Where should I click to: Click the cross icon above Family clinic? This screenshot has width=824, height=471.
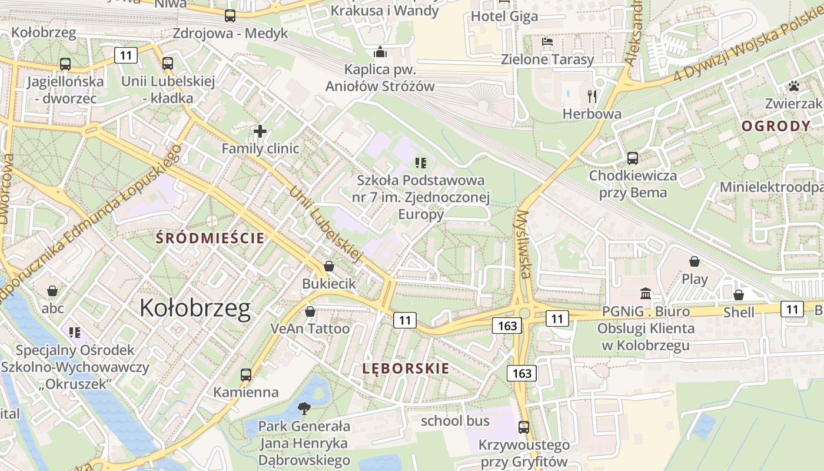(x=260, y=131)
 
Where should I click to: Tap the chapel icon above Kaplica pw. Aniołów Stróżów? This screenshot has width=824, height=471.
(x=380, y=52)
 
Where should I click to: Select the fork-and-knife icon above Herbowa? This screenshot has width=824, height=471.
(x=592, y=96)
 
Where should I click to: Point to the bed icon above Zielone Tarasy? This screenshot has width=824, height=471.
(x=547, y=42)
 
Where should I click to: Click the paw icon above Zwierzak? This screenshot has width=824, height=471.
(x=794, y=86)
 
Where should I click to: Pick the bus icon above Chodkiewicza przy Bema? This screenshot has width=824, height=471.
(x=633, y=158)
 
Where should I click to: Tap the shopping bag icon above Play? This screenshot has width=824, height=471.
(x=695, y=261)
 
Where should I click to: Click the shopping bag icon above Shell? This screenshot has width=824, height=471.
(x=739, y=294)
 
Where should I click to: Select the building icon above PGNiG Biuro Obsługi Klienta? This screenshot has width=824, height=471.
(x=646, y=293)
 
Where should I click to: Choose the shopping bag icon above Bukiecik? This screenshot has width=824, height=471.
(x=329, y=266)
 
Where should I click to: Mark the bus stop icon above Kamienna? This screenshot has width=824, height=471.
(x=246, y=374)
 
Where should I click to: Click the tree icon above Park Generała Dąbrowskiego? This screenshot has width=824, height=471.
(x=304, y=407)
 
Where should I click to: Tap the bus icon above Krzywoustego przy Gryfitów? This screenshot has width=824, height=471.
(x=524, y=427)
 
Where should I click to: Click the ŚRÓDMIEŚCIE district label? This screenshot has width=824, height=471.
(x=210, y=238)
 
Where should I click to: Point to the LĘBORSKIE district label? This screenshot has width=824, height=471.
(x=406, y=369)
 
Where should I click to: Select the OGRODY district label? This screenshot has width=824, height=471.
(x=776, y=126)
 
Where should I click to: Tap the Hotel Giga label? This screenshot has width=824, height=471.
(x=504, y=16)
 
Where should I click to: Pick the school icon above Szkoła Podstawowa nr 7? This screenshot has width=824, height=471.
(x=420, y=162)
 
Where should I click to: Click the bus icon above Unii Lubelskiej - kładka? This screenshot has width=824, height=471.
(x=168, y=63)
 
